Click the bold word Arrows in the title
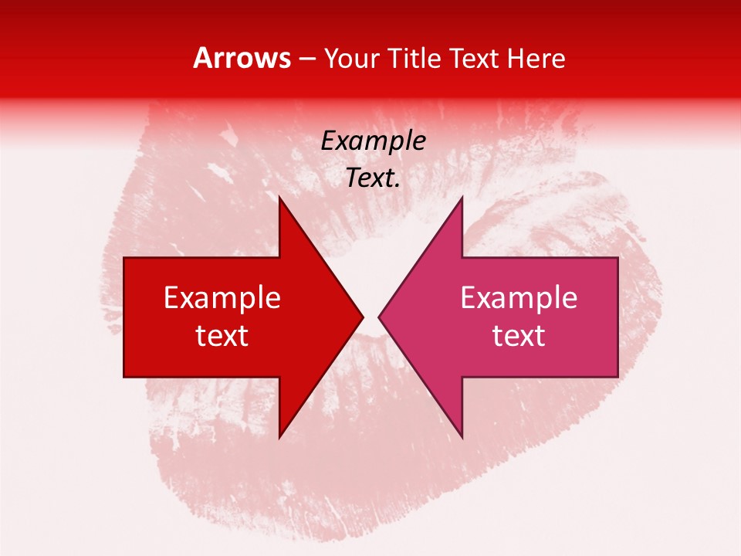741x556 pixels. click(242, 58)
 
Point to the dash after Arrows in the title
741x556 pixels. click(306, 59)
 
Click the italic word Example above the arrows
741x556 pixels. click(374, 141)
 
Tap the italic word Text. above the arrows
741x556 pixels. click(374, 178)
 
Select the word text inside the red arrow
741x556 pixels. click(222, 336)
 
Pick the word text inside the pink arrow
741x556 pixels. click(519, 336)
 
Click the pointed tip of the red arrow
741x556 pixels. click(362, 317)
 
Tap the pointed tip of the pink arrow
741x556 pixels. click(379, 317)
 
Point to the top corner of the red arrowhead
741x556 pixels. click(279, 197)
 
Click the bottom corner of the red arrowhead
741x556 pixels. click(279, 437)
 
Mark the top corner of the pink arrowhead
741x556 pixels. click(462, 197)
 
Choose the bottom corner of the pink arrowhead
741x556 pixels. click(462, 437)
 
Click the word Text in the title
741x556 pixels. click(473, 59)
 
